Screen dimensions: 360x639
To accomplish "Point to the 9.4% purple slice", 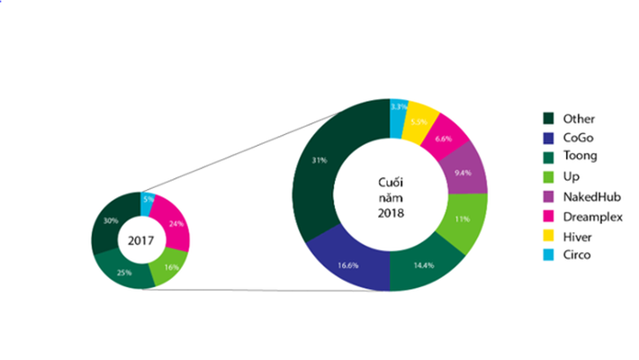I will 464,173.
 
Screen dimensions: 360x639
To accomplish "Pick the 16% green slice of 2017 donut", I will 170,266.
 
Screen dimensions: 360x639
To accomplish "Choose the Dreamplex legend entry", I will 593,217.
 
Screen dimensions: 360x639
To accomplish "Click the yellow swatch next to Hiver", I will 548,237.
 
